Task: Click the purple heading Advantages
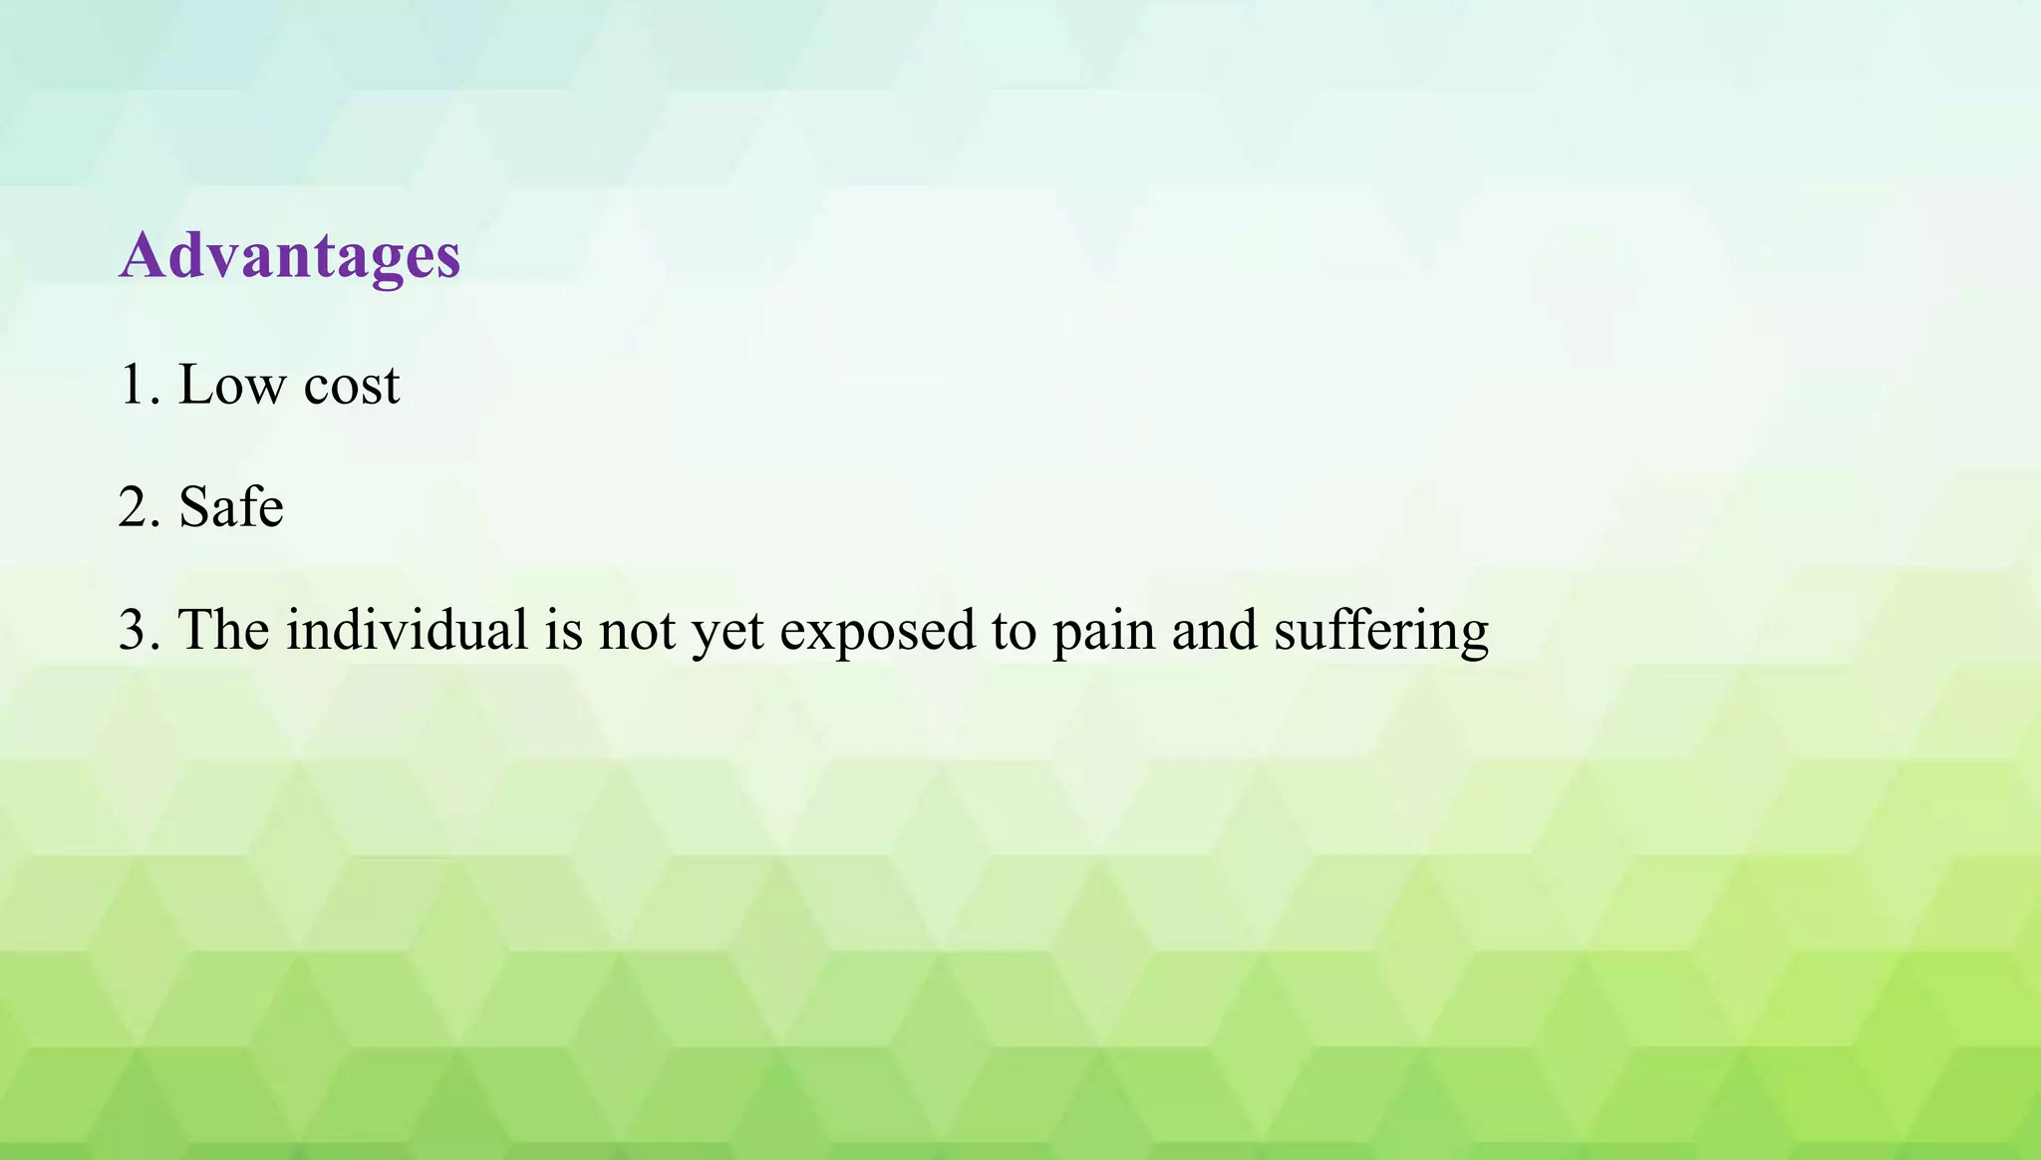click(x=290, y=256)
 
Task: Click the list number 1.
click(x=132, y=385)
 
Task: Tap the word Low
click(x=231, y=385)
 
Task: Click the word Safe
click(x=231, y=507)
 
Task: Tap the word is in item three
click(x=563, y=630)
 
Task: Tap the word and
click(x=1214, y=630)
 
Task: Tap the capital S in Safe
click(x=195, y=507)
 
